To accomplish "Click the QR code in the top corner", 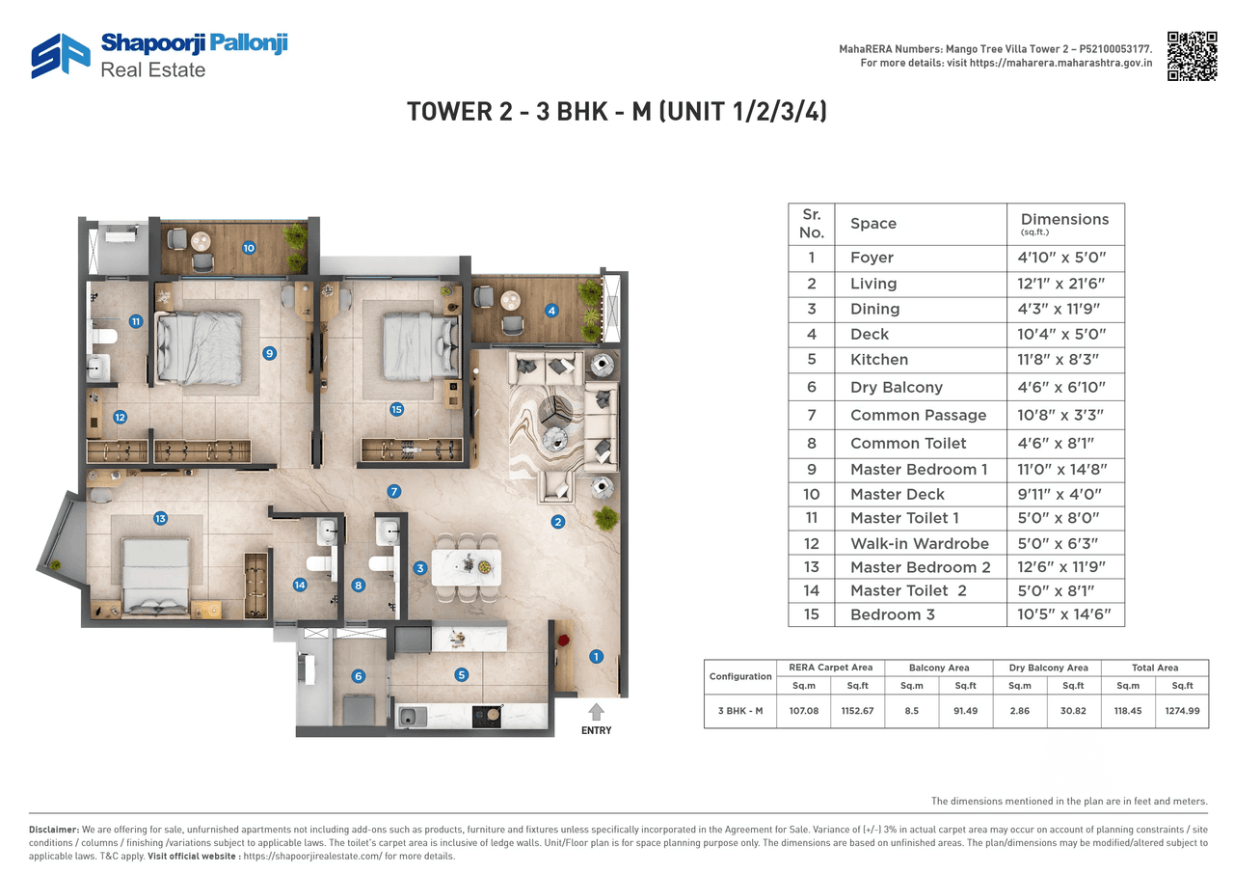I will (x=1191, y=56).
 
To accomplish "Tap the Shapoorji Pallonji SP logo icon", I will (x=60, y=56).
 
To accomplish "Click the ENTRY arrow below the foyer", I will (x=596, y=712).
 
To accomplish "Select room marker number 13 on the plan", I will (x=161, y=519).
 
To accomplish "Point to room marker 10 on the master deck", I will (x=249, y=248).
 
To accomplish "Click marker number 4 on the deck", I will (x=551, y=311).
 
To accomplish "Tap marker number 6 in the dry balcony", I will (x=358, y=676).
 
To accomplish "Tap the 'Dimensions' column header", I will (x=1064, y=220).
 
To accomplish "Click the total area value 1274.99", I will (x=1181, y=711).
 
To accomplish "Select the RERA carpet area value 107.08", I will (x=802, y=711).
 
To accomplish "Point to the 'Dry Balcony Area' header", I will (x=1049, y=668).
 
